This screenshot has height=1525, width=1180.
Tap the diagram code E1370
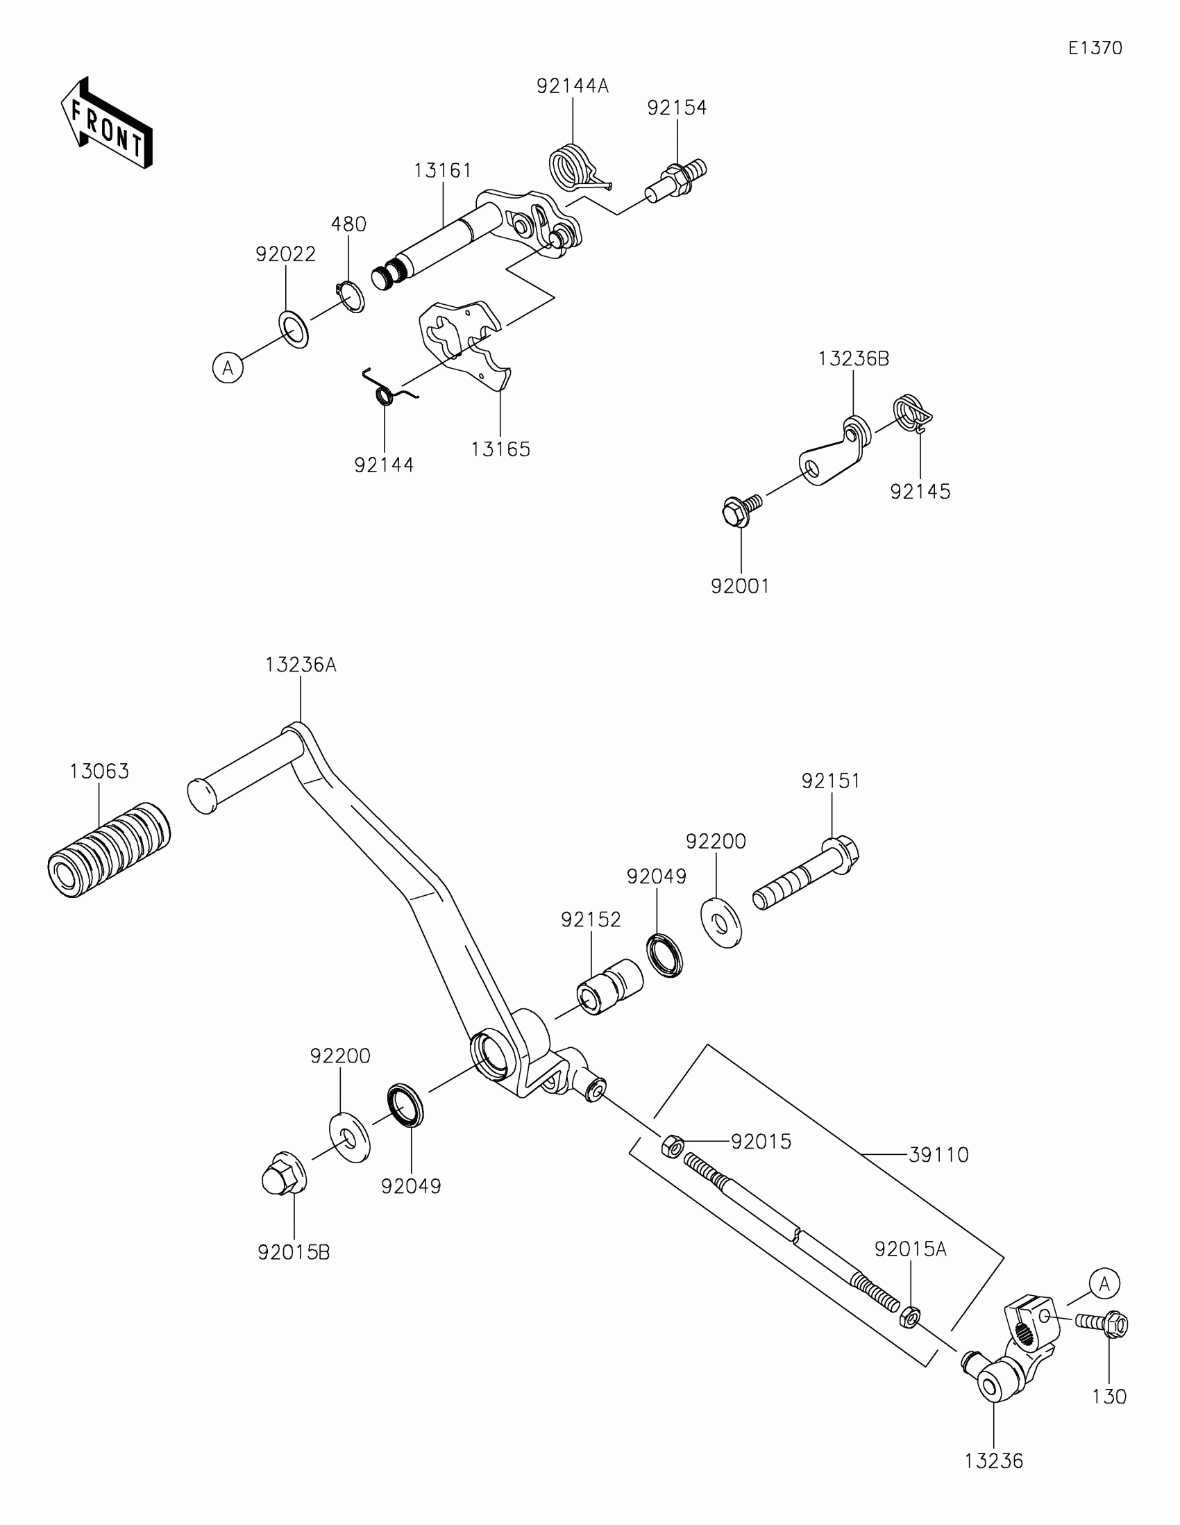[x=1095, y=48]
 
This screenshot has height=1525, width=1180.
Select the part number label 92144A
[x=572, y=86]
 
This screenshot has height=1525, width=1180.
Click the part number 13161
[x=442, y=170]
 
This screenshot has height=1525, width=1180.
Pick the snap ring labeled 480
[x=351, y=297]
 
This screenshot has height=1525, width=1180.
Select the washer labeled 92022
[x=294, y=330]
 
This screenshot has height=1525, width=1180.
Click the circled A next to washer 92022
[x=228, y=367]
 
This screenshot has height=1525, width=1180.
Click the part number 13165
[x=500, y=449]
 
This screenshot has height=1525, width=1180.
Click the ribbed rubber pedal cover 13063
[x=109, y=849]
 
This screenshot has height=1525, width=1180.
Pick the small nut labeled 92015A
[x=910, y=1316]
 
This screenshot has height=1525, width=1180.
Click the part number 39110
[x=938, y=1155]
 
